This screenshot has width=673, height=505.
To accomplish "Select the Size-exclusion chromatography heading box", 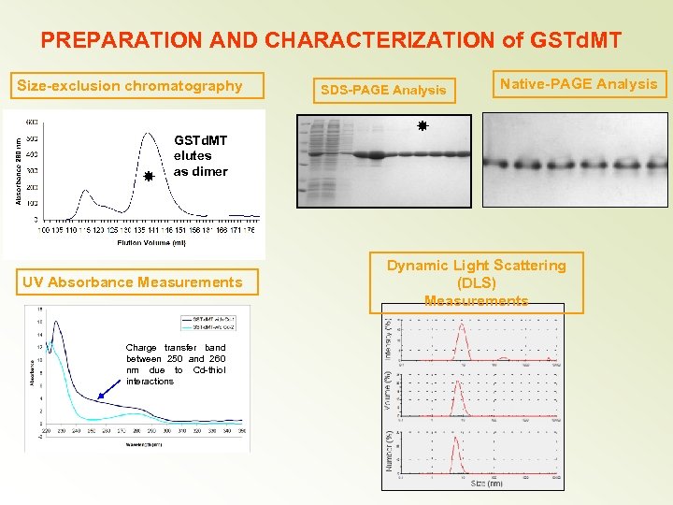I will coord(130,86).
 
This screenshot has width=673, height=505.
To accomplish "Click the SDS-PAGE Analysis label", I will coord(383,91).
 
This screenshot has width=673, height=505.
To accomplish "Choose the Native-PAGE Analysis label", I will coord(579,84).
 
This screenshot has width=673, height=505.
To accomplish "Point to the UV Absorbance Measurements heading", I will coord(145,282).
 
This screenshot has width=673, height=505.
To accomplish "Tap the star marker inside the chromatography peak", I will coord(148,175).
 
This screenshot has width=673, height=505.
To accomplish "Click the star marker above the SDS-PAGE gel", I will coord(422,124).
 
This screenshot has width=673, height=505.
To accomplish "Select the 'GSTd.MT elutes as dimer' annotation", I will coord(200,155).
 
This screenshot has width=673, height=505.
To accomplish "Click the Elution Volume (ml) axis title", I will coord(151,242).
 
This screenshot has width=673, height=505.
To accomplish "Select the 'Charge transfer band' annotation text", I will coord(176,365).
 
